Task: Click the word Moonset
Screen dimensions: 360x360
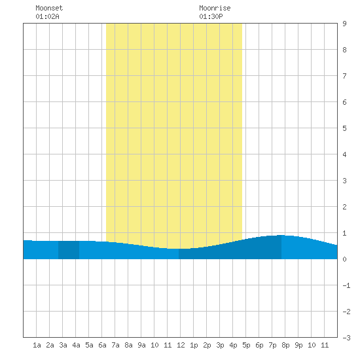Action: tap(49, 8)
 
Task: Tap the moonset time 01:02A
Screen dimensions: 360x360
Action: tap(47, 16)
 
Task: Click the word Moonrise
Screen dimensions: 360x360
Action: tap(215, 8)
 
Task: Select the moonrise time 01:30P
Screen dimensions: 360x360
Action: tap(211, 16)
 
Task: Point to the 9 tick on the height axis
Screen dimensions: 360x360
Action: tap(344, 24)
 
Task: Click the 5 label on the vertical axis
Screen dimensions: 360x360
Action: tap(344, 128)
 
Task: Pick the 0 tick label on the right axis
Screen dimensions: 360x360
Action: tap(344, 259)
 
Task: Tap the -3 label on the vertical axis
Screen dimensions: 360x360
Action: tap(346, 338)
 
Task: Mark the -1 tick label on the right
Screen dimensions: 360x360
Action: tap(346, 285)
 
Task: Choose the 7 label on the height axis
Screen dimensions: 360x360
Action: tap(344, 76)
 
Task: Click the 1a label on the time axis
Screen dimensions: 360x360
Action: tap(37, 345)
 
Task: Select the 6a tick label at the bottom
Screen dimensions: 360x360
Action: tap(102, 345)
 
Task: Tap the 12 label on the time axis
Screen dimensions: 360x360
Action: tap(181, 345)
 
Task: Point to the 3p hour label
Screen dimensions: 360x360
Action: tap(220, 345)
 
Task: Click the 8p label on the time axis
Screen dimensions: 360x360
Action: tap(285, 345)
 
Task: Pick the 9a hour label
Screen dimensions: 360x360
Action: tap(141, 345)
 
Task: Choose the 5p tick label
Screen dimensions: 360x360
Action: tap(246, 345)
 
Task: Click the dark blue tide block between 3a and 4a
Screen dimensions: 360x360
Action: tap(69, 250)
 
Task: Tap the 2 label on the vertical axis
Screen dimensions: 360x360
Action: tap(344, 207)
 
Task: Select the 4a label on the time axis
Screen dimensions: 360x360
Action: tap(76, 345)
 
